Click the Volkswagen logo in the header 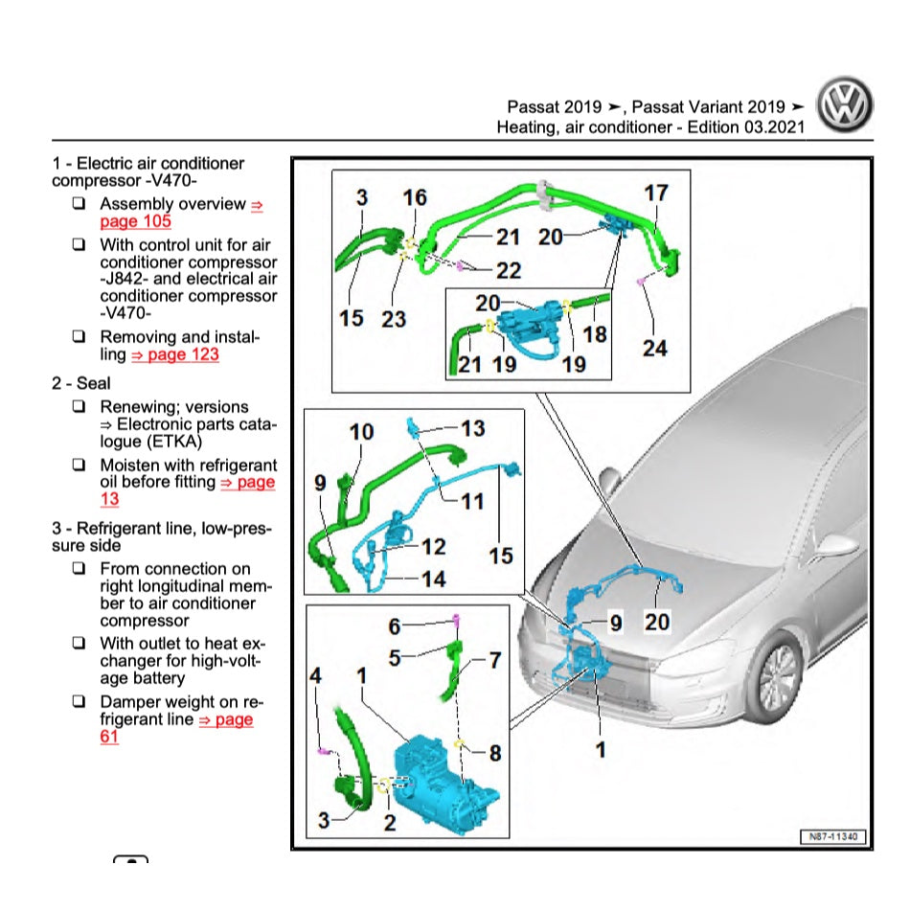(x=844, y=105)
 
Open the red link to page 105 (x=135, y=221)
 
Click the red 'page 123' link (x=174, y=354)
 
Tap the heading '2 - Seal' (x=80, y=383)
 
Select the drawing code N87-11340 (x=831, y=837)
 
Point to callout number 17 (x=655, y=193)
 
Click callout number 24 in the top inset (x=654, y=347)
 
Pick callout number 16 (x=415, y=197)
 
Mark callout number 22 (x=508, y=270)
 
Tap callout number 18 (x=595, y=334)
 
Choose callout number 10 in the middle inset (x=361, y=432)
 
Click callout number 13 (x=472, y=427)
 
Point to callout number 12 (x=433, y=546)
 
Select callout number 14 (x=433, y=579)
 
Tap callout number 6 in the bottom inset (x=394, y=626)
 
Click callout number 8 (x=494, y=754)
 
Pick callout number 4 (x=315, y=676)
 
